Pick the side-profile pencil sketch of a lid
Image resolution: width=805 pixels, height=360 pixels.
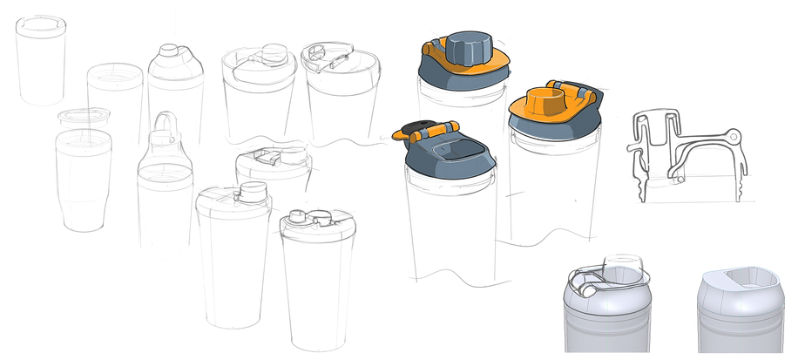click(688, 157)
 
